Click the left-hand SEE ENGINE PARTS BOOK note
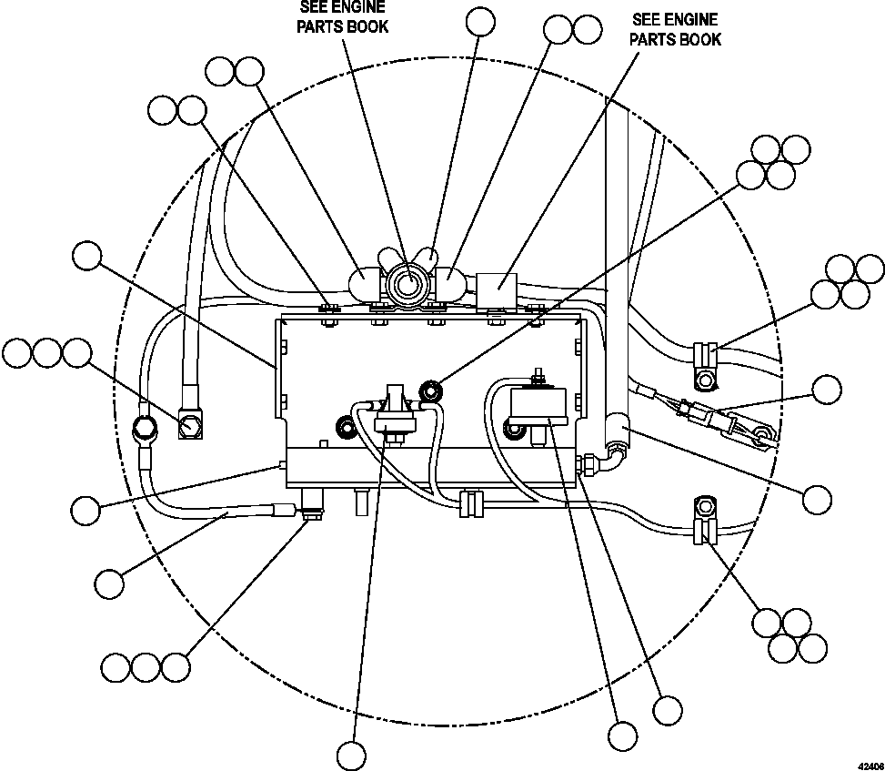343,17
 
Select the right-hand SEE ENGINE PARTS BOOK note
676,29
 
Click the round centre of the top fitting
405,284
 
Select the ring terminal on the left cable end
143,427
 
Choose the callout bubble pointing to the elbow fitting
818,498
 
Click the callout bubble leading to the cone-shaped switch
351,755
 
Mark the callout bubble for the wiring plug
827,390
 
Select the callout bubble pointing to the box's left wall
87,256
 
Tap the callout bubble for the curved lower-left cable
109,583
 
